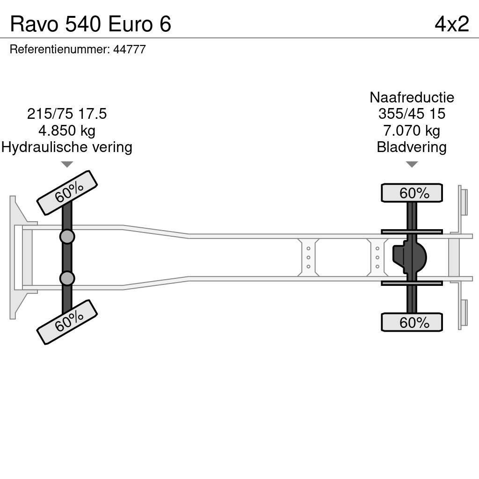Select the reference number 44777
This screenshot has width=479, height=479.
(x=130, y=50)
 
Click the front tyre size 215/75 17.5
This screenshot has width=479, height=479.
(x=67, y=114)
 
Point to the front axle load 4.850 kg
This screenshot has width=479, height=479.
(x=67, y=131)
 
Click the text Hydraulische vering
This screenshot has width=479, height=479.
(x=67, y=147)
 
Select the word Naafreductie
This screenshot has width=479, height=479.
(x=412, y=97)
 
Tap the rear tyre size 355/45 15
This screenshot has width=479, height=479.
(x=412, y=114)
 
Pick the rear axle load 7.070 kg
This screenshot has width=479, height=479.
(x=412, y=131)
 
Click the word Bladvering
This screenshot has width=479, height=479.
(x=412, y=147)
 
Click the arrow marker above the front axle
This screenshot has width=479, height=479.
(x=67, y=164)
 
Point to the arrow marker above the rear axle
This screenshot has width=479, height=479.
(x=412, y=164)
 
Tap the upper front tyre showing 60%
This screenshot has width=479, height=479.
(x=67, y=193)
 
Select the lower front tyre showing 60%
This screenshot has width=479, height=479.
(x=67, y=322)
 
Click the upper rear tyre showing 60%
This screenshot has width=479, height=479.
(x=412, y=193)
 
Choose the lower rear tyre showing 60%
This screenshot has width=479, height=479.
(x=412, y=322)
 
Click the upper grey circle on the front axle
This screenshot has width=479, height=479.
(x=67, y=237)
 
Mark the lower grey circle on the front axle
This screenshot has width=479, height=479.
(x=67, y=278)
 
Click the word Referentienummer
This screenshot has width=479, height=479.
(x=60, y=50)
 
